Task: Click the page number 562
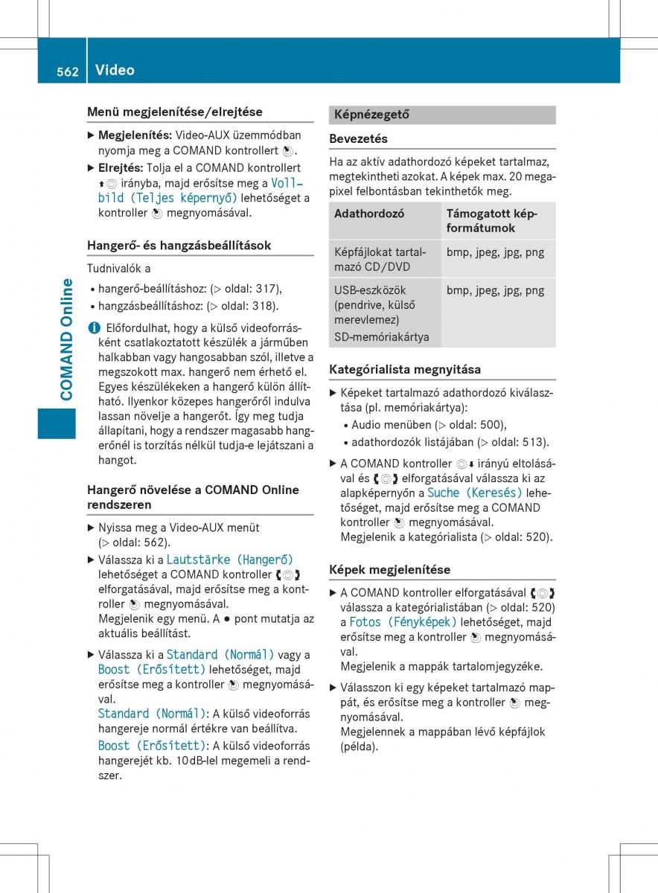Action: (x=67, y=71)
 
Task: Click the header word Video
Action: (x=115, y=70)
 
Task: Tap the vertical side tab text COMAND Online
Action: (x=67, y=339)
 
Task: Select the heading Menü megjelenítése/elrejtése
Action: (x=174, y=112)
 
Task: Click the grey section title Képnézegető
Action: (x=371, y=115)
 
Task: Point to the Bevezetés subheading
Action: (x=358, y=138)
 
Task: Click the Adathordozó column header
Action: (x=369, y=214)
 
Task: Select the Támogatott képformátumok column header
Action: (x=491, y=221)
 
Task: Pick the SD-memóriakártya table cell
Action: (x=382, y=337)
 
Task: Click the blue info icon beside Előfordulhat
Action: (x=92, y=327)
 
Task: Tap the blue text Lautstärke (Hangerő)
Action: (x=230, y=559)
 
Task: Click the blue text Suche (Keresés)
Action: (x=475, y=493)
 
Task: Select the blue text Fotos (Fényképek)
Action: (x=403, y=622)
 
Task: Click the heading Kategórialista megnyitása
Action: (x=405, y=369)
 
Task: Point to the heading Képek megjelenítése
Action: (x=389, y=569)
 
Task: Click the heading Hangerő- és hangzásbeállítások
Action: (x=179, y=245)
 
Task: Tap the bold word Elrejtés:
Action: (x=121, y=168)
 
